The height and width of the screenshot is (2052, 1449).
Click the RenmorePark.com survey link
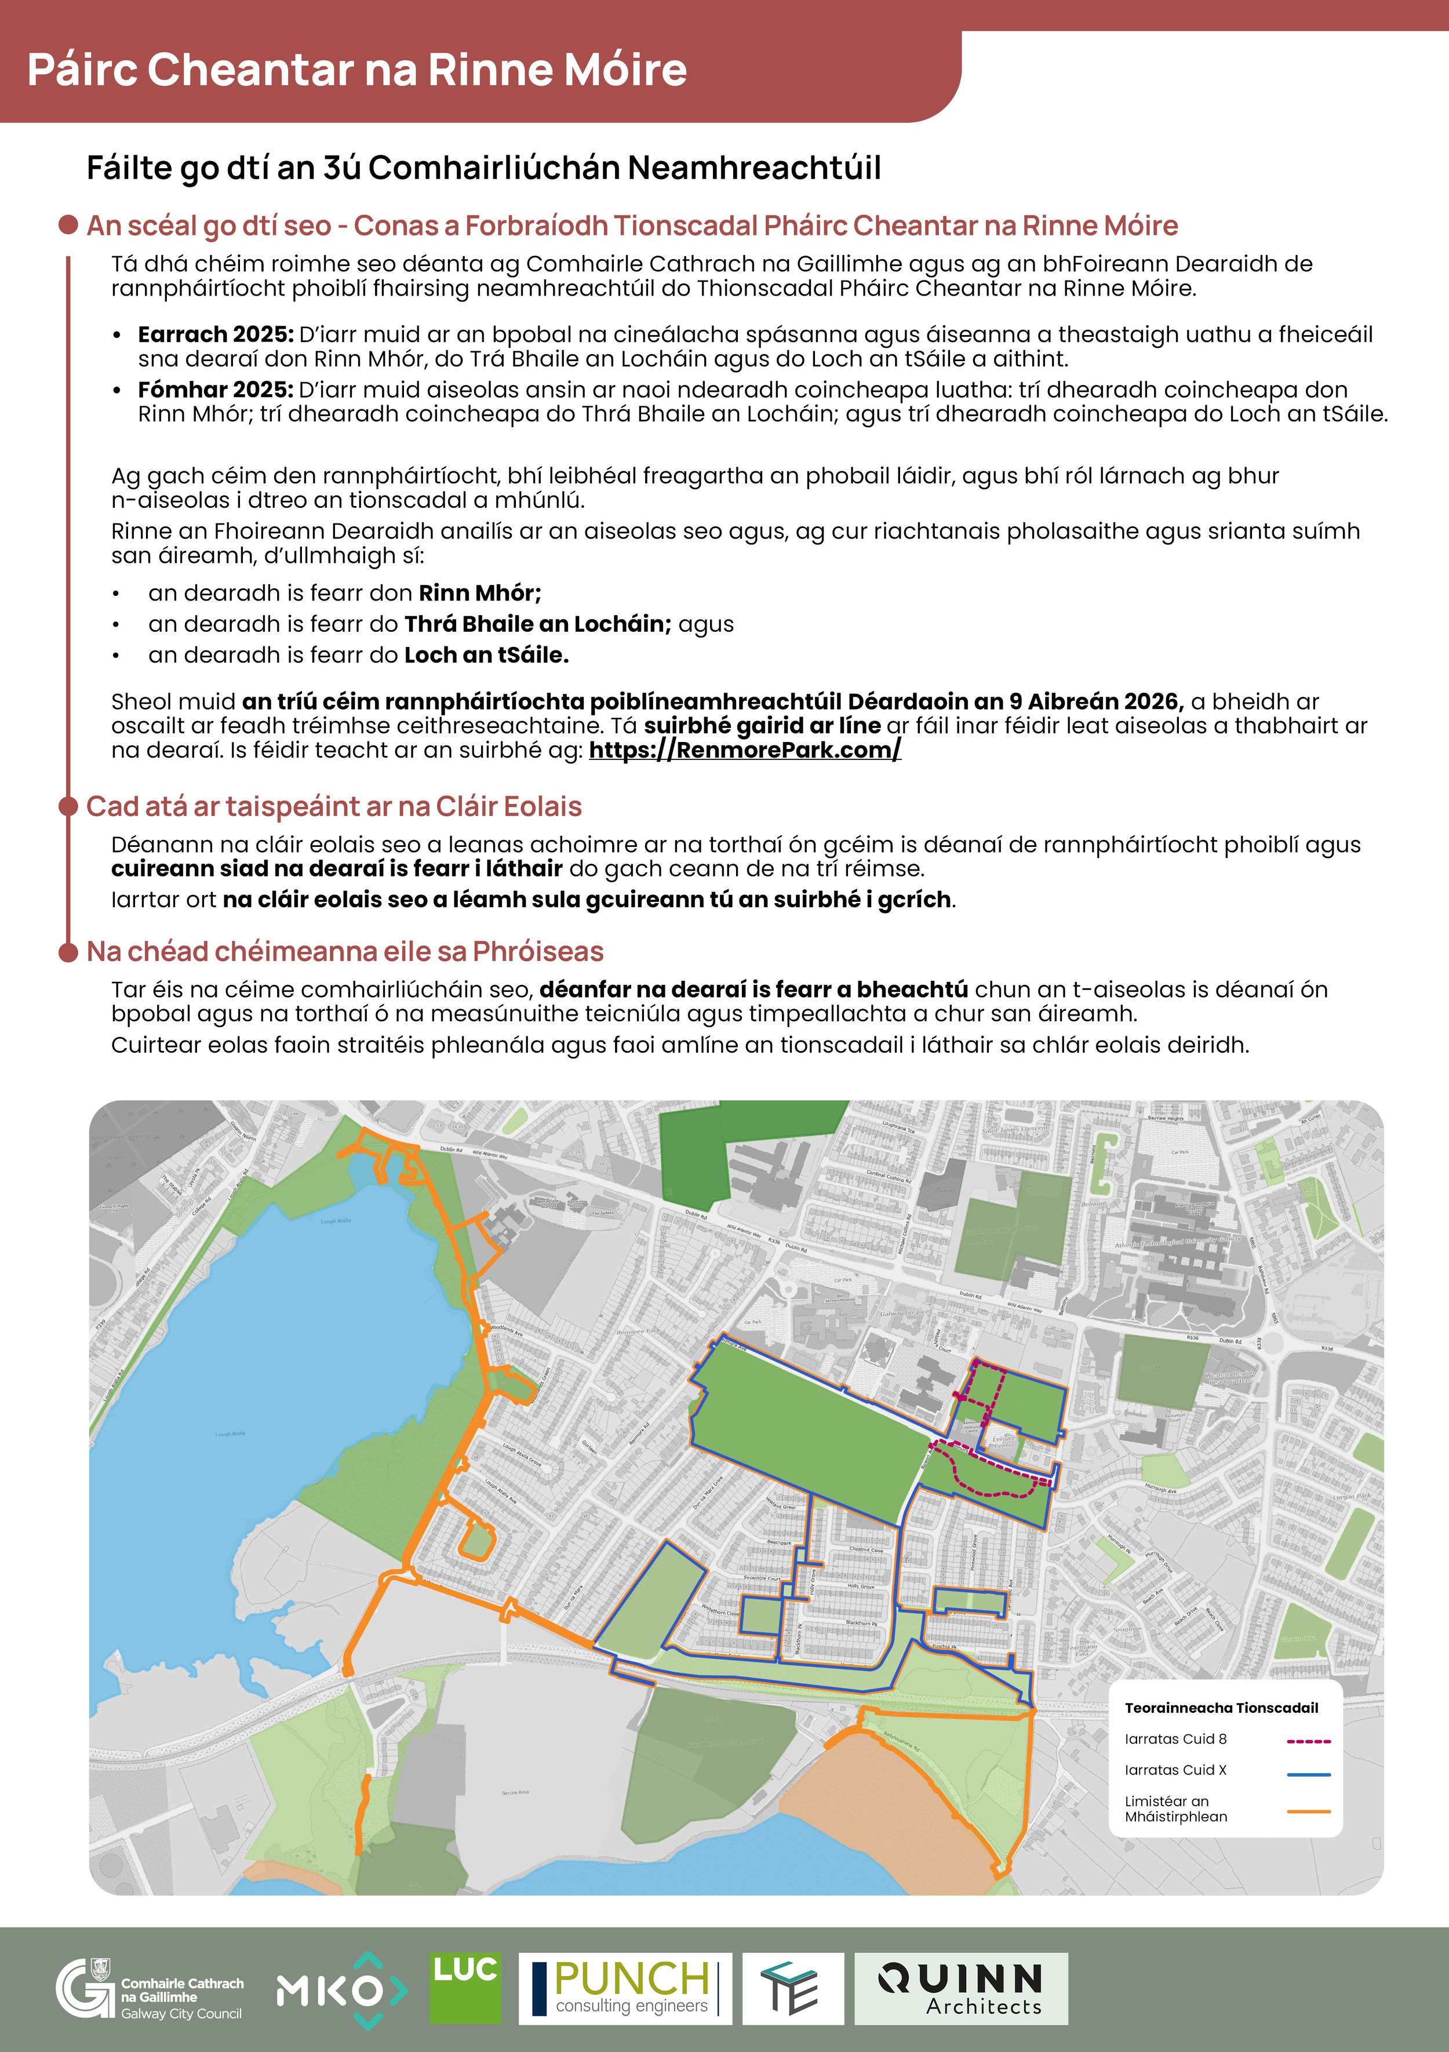point(745,750)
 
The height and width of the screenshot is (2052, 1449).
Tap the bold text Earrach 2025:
point(216,335)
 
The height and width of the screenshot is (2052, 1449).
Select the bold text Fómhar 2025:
point(216,391)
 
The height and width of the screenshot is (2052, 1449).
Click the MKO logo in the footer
point(341,1989)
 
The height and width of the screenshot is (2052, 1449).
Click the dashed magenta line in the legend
point(1309,1741)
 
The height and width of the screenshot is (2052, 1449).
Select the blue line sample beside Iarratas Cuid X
point(1309,1774)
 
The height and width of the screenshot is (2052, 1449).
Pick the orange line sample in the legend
point(1309,1811)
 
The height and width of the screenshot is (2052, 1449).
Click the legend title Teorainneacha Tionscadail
point(1221,1708)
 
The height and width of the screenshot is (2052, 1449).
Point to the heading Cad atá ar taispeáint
point(333,807)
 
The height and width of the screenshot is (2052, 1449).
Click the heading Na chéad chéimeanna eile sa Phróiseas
point(345,952)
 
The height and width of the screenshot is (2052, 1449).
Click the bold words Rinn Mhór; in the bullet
point(480,594)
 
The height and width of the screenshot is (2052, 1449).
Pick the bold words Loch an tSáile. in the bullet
point(486,655)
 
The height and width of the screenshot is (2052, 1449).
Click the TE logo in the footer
point(792,1989)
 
